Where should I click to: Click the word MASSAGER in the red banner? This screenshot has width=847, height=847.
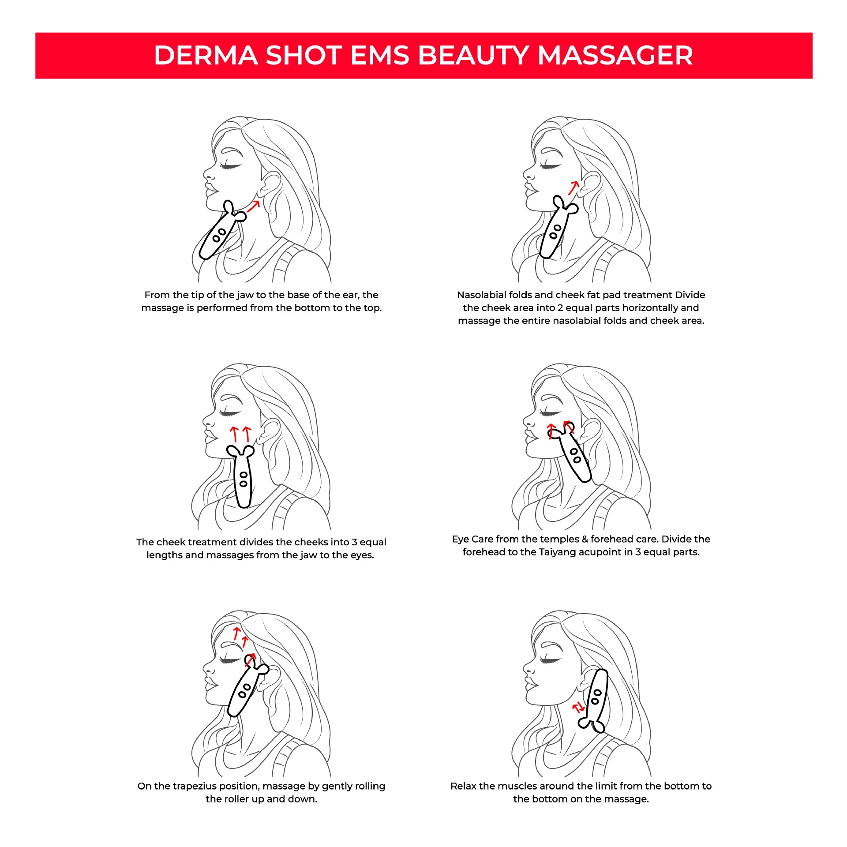(x=615, y=56)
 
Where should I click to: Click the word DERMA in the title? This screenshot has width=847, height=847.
(x=206, y=56)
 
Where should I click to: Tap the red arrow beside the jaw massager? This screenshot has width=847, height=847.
(x=253, y=206)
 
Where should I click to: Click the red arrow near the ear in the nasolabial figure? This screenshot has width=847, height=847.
(x=573, y=188)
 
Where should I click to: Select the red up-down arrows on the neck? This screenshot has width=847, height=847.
(x=578, y=708)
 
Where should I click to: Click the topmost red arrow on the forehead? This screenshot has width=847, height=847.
(x=237, y=633)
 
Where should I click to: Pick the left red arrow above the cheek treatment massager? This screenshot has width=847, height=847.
(x=234, y=434)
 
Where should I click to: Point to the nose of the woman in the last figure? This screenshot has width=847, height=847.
(x=528, y=669)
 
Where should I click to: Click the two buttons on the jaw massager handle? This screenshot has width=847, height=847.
(x=219, y=235)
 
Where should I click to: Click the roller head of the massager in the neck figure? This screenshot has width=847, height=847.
(x=591, y=724)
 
